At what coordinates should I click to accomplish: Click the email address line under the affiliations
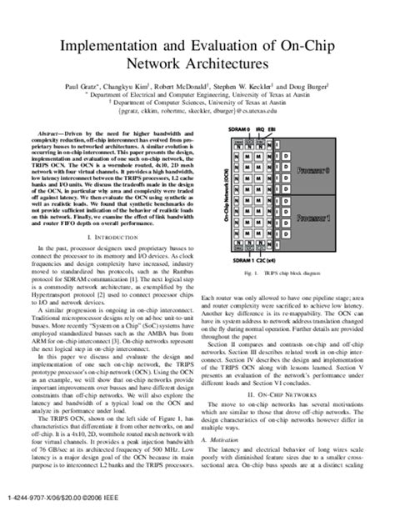197,109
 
